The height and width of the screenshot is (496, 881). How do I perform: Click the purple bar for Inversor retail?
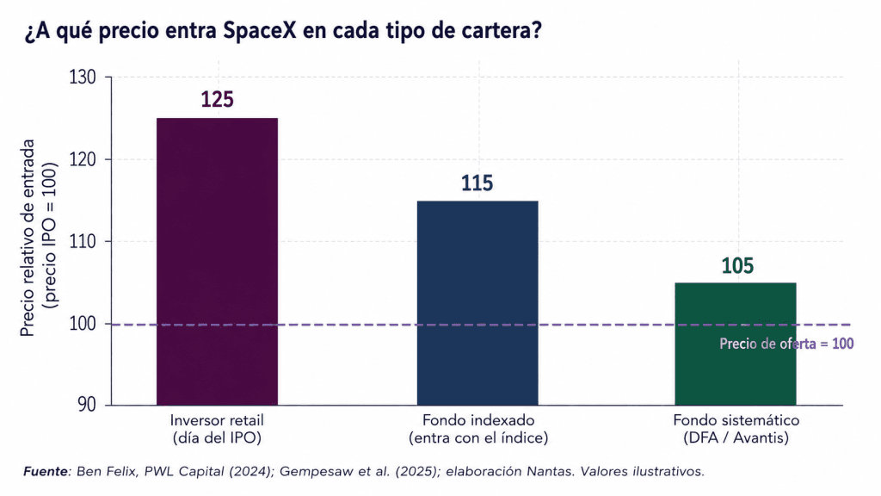pos(217,262)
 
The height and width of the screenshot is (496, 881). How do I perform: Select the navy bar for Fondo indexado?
pos(477,303)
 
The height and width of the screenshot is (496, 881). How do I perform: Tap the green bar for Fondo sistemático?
pos(736,344)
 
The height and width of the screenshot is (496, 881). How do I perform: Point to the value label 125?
pos(218,100)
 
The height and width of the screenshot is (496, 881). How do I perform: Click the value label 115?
pos(477,183)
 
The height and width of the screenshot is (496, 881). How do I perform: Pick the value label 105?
pos(737,265)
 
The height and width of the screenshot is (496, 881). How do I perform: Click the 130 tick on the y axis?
pos(83,77)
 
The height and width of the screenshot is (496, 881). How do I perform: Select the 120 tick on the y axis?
pos(83,159)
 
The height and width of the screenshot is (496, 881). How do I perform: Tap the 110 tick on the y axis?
pos(83,242)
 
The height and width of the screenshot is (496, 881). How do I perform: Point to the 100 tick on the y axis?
pos(83,324)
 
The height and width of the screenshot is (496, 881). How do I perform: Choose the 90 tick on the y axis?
pos(87,405)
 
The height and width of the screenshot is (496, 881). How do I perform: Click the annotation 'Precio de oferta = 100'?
pos(786,344)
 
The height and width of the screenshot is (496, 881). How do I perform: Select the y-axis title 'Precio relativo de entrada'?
pos(28,238)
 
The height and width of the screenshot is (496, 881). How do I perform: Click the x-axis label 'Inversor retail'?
pos(217,420)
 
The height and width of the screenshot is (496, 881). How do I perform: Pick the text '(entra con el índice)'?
pos(478,437)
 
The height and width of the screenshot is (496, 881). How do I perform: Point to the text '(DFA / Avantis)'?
pos(736,437)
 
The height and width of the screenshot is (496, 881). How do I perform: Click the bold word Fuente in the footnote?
pos(46,471)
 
